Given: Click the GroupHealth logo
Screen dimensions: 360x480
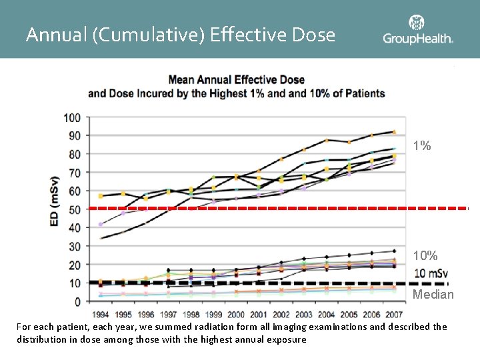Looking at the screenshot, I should pos(418,31).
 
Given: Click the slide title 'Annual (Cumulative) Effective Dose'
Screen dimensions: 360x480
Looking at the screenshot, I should pos(180,34).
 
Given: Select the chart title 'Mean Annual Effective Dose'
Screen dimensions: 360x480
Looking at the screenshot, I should pos(236,80).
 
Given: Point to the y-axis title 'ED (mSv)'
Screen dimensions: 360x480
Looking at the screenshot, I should pos(56,201).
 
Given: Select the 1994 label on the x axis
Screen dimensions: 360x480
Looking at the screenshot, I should pos(101,315).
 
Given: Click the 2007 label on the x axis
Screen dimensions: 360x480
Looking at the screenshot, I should pos(394,315).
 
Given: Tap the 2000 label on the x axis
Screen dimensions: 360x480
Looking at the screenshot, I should pos(236,315).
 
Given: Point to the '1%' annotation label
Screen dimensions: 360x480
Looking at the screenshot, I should pos(421,145).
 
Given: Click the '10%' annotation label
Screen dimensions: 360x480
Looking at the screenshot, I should pos(425,256).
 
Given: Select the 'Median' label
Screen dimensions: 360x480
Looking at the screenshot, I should pos(433,294).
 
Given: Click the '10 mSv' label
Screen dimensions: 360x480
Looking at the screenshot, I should pos(431,273).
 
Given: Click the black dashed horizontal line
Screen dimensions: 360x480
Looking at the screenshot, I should pos(267,283).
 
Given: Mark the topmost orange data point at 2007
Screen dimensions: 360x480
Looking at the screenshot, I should pos(394,132).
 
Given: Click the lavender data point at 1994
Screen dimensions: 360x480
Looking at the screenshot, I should pos(101,224).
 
